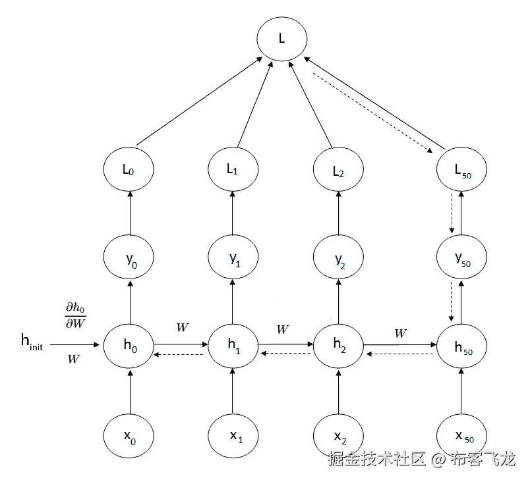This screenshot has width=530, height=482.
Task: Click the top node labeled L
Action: (x=281, y=38)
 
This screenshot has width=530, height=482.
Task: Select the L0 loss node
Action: (x=129, y=169)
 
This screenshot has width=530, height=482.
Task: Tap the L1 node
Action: (x=233, y=169)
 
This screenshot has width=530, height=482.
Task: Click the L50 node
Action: (x=461, y=169)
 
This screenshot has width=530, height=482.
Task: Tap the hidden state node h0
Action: (x=129, y=344)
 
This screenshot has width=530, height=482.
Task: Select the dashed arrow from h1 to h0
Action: (x=181, y=354)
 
